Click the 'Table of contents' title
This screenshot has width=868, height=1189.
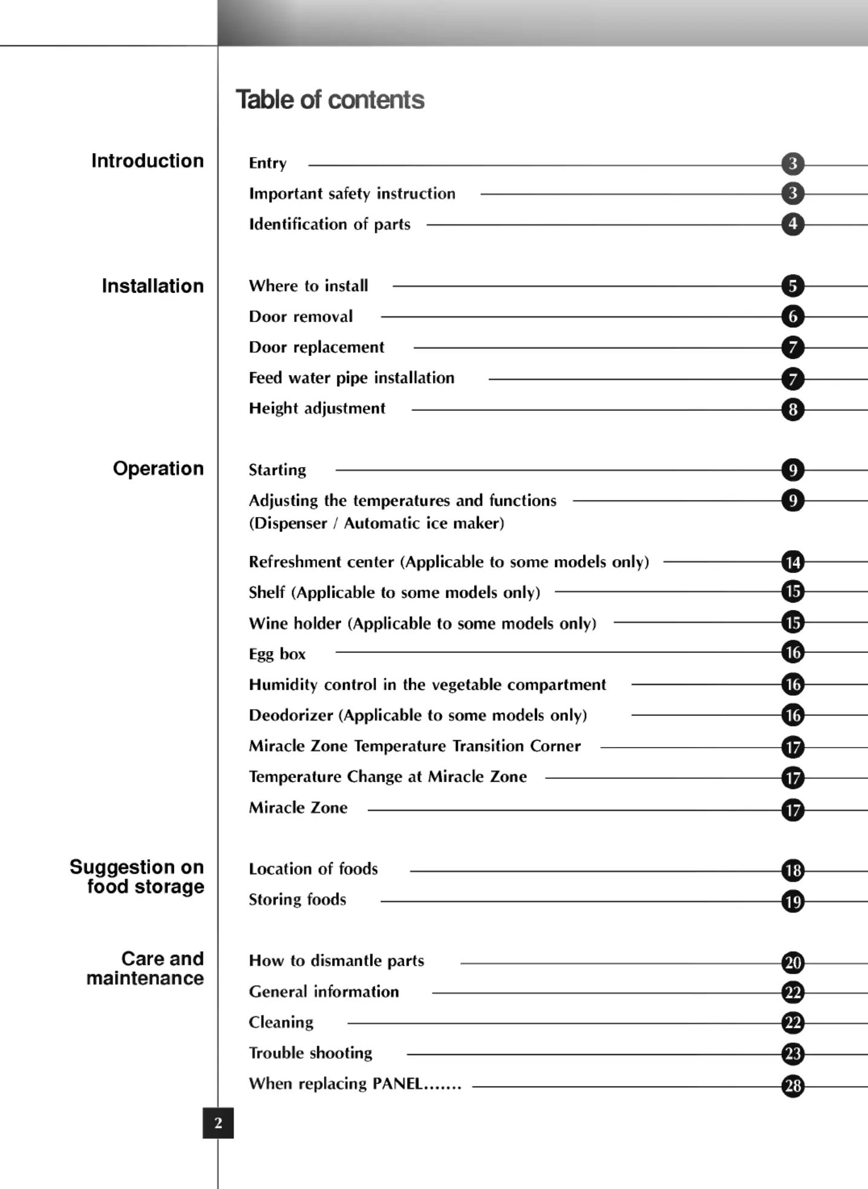[330, 100]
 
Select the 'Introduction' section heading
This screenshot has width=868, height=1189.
[148, 161]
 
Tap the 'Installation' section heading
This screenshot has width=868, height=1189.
[152, 286]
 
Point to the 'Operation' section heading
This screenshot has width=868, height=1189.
[158, 468]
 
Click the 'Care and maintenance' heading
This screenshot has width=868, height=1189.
[145, 968]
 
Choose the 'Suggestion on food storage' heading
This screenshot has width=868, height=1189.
[137, 876]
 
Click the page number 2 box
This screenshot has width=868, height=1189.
[218, 1123]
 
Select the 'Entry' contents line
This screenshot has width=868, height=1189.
[267, 163]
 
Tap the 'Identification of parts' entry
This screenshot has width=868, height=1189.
[330, 224]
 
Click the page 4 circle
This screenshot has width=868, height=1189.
[792, 224]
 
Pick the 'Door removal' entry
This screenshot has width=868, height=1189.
[301, 316]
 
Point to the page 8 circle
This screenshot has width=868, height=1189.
[792, 410]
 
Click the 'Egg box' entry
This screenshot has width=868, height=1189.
[277, 654]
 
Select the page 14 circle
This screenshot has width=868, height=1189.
[792, 562]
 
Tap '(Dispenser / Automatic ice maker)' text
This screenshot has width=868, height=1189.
[376, 523]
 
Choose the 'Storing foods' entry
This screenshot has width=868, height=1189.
[297, 900]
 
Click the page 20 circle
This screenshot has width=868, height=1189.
[792, 962]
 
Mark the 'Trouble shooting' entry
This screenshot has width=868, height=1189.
[310, 1053]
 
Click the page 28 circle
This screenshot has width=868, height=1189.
[792, 1086]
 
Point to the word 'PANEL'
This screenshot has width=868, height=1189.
[397, 1084]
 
